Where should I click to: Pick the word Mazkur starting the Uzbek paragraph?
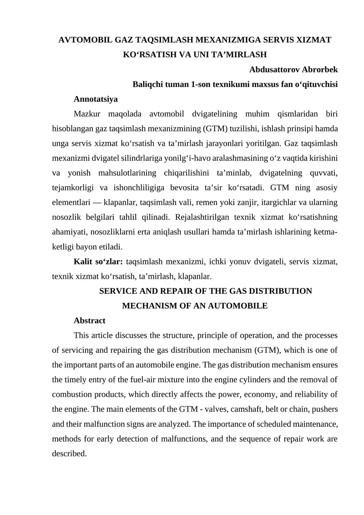click(x=86, y=113)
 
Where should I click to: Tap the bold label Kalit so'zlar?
click(x=98, y=261)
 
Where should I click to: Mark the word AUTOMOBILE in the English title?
click(x=244, y=306)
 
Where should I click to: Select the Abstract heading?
click(x=89, y=321)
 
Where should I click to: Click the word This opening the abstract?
click(x=81, y=336)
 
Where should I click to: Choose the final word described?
click(x=69, y=454)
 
